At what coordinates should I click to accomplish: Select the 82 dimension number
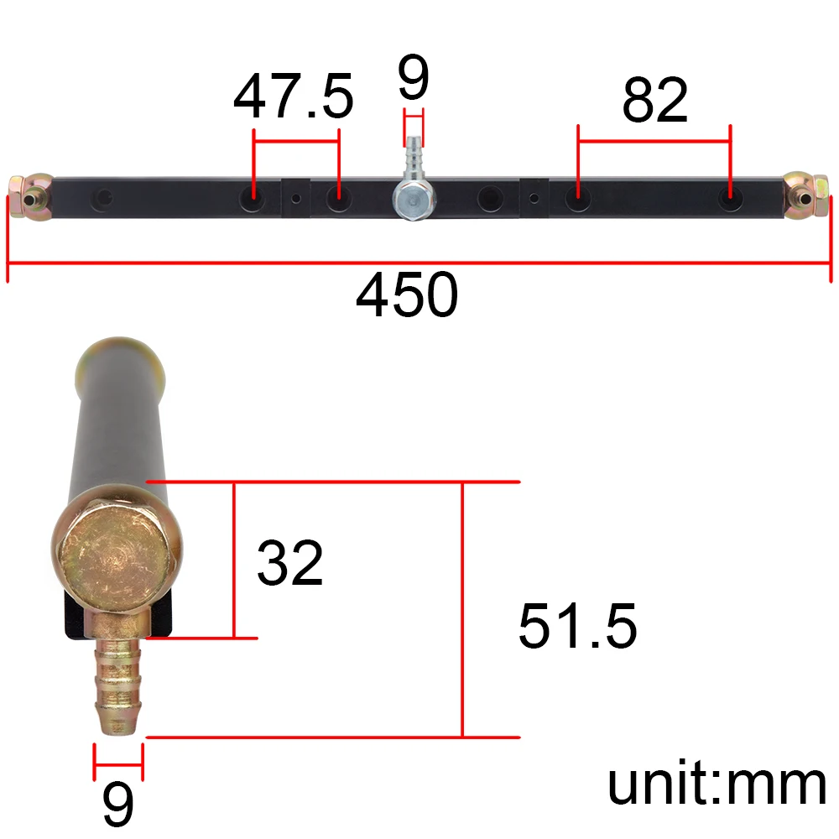coord(654,101)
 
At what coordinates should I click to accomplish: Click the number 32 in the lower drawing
coord(289,563)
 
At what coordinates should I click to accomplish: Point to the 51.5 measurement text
coord(577,627)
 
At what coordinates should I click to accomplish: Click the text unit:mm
coord(717,784)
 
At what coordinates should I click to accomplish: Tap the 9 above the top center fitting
coord(413,80)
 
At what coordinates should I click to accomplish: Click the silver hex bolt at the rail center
coord(413,201)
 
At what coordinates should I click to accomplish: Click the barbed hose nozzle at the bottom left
coord(117,684)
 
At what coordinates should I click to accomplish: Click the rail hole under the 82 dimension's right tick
coord(729,200)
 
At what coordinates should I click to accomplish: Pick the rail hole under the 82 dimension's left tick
coord(576,200)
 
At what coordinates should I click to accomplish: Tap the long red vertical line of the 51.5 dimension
coord(462,609)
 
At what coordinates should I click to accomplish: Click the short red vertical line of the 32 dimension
coord(234,560)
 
